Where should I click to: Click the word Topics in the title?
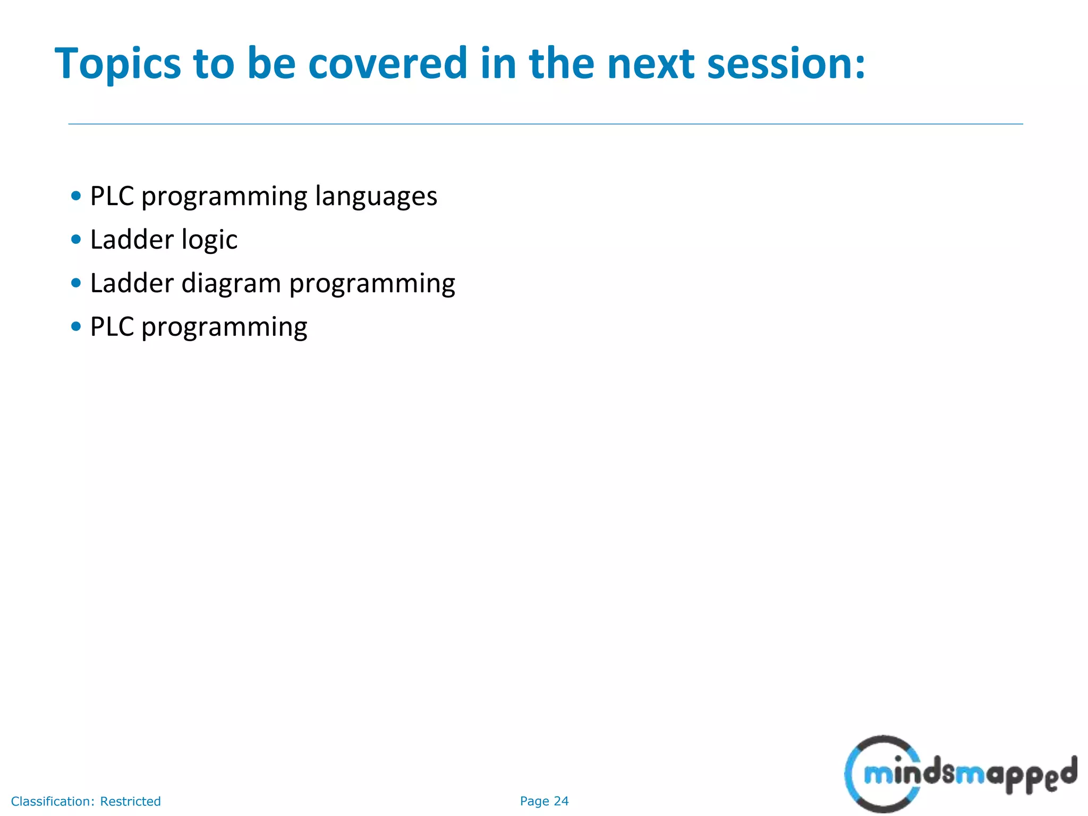(117, 65)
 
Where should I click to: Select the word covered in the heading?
(387, 64)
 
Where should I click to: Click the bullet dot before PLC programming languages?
(76, 196)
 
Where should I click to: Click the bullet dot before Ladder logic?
(76, 240)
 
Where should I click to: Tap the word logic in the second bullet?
(209, 241)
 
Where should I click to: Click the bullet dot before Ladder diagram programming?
(76, 283)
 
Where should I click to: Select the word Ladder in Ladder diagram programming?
(132, 283)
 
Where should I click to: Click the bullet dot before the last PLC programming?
(76, 327)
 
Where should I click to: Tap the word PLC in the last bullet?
(112, 327)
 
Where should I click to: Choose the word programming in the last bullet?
(224, 328)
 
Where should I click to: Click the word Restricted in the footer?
(130, 801)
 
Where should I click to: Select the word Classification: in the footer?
(53, 801)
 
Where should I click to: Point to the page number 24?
(561, 801)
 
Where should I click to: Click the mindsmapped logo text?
(970, 775)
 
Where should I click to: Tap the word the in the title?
(562, 64)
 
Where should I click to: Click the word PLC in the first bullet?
(112, 196)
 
